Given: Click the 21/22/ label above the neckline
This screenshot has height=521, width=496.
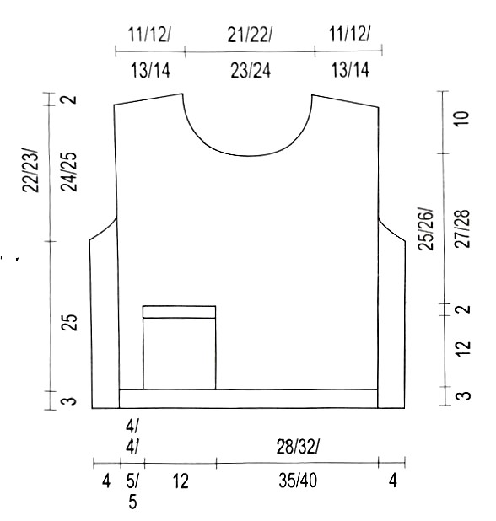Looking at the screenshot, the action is coord(250,35).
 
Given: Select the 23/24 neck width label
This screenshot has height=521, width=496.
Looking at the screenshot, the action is coord(251,71).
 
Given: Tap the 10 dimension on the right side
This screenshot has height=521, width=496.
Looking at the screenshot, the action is coord(462,118).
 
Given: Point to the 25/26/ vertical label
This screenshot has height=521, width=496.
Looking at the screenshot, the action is coord(426,229).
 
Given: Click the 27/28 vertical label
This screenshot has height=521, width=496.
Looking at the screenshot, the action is coord(462,229).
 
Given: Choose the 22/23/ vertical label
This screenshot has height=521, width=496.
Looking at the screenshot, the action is coord(30,170).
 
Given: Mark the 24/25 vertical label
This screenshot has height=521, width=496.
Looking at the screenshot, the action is coord(69,172).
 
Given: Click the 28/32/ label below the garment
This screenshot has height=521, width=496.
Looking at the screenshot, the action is coord(298,447).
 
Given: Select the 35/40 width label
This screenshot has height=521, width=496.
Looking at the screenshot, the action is coord(298,481).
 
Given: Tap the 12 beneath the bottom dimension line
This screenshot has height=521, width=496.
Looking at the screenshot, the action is coord(181,481).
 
